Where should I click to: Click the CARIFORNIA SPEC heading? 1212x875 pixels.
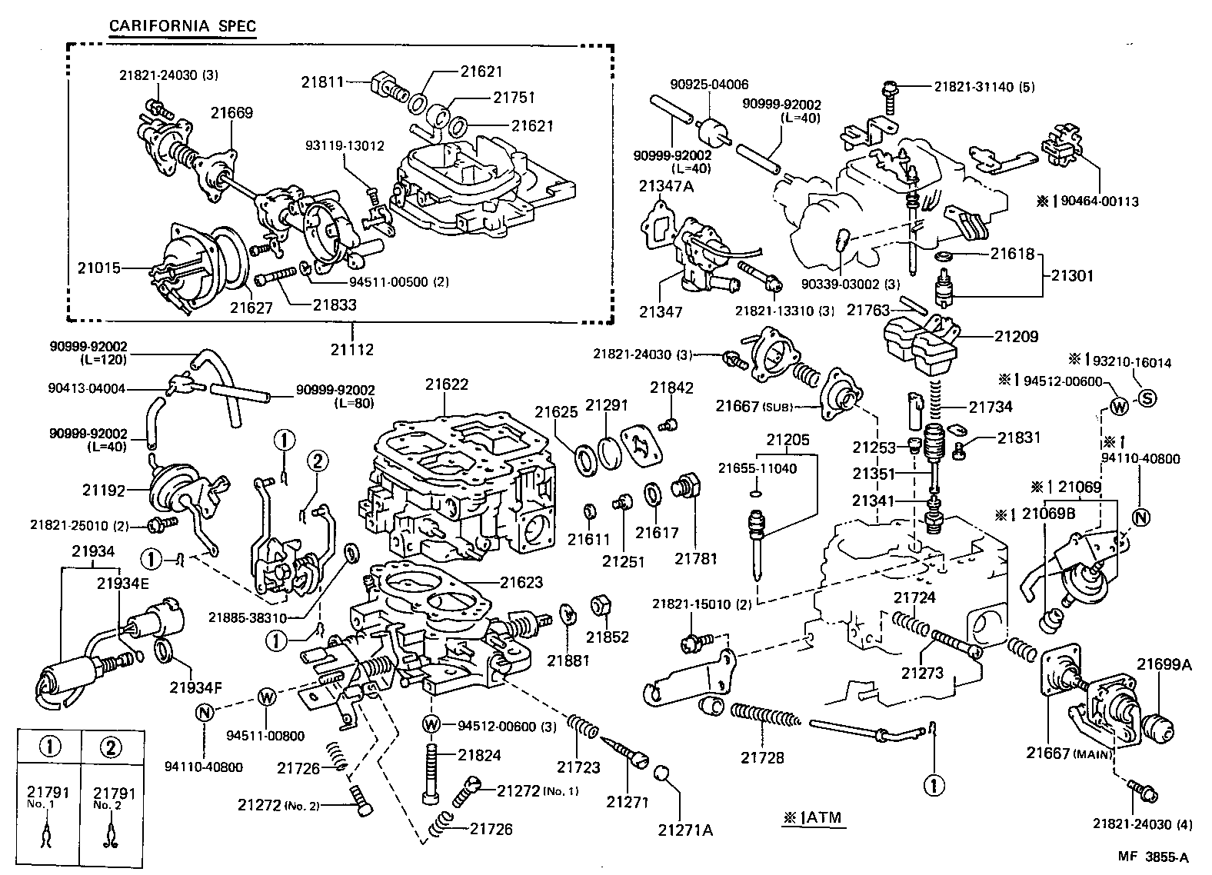[x=182, y=25]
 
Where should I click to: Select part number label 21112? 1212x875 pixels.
[x=352, y=350]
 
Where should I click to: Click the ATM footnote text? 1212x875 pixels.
[x=813, y=819]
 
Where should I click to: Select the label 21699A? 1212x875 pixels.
[x=1164, y=664]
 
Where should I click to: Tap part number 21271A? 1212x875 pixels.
[x=685, y=830]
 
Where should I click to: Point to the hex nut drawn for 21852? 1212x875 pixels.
[x=600, y=604]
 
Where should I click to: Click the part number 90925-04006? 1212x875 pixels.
[x=719, y=85]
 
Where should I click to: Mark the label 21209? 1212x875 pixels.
[x=1016, y=336]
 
